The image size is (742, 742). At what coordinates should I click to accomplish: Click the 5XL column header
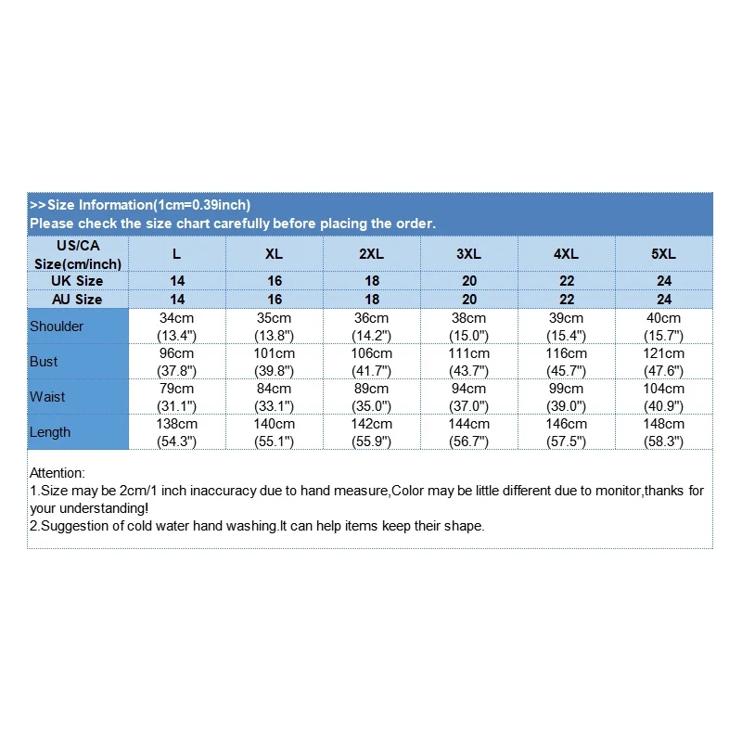coord(664,253)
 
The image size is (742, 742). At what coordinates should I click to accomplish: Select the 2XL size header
coord(372,253)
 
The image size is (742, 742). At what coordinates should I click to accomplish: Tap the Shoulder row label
coord(57,326)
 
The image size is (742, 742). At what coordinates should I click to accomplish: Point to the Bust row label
coord(44,362)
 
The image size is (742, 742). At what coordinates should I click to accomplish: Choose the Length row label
coord(50,432)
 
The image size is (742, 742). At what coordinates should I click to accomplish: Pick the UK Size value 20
coord(469,281)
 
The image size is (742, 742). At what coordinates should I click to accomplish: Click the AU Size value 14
coord(177,300)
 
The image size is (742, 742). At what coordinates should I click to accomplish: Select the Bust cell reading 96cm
coord(177,353)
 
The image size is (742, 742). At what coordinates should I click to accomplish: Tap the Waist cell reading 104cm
coord(664,389)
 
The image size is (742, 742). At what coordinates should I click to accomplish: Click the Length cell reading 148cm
coord(664,424)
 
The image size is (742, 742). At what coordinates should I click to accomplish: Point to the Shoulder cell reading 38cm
coord(469,318)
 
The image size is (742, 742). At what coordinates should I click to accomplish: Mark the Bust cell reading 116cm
coord(567,353)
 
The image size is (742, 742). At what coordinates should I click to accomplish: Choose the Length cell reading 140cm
coord(275,424)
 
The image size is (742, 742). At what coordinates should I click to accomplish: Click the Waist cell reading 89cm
coord(372,389)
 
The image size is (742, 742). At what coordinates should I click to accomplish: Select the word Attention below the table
coord(57,473)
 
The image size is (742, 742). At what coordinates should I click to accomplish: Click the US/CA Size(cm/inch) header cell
coord(78,254)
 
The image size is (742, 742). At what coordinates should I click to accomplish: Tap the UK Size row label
coord(78,281)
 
